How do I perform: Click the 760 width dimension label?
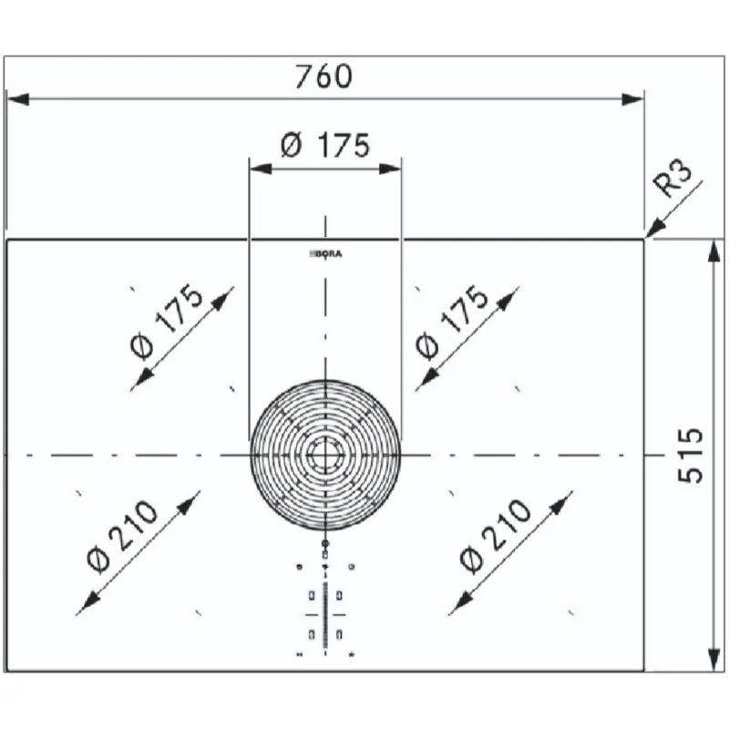click(324, 77)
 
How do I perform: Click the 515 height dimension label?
click(691, 455)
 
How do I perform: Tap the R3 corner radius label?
click(673, 178)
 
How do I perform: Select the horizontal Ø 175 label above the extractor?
click(325, 145)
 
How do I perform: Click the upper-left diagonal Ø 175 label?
click(166, 322)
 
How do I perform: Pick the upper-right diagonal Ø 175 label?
click(451, 322)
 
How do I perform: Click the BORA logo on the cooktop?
click(325, 254)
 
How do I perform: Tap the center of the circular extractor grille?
click(325, 455)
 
